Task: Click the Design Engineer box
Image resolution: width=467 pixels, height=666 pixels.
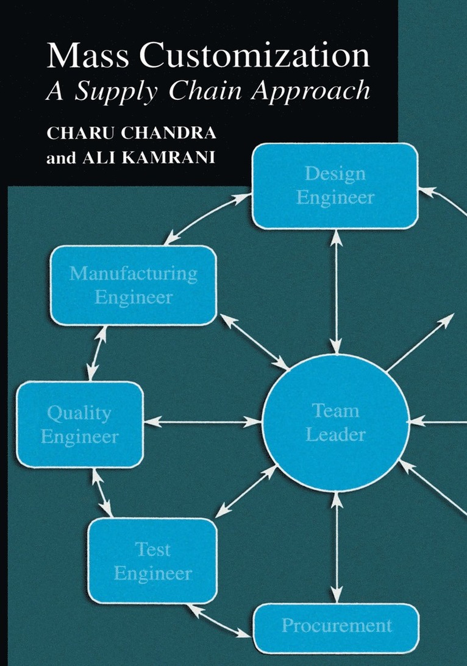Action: click(335, 186)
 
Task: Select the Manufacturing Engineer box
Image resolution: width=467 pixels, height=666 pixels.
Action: click(134, 285)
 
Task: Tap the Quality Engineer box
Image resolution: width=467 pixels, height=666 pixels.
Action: click(79, 424)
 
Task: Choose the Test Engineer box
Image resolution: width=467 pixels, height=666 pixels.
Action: click(152, 561)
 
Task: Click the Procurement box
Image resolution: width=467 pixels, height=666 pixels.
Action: click(336, 626)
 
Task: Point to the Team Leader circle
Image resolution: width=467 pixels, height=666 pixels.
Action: click(335, 422)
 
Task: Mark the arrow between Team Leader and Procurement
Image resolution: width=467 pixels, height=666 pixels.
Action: click(335, 546)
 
